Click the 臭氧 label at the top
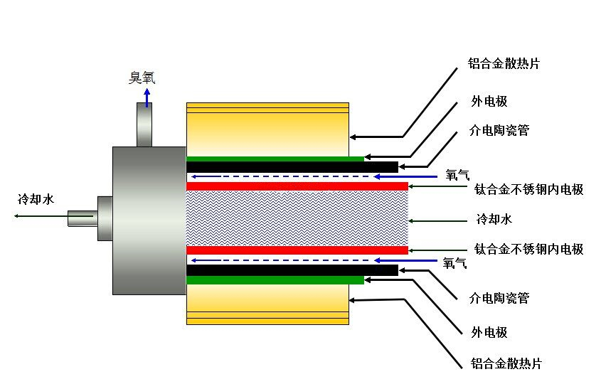(x=141, y=78)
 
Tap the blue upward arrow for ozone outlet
(x=147, y=97)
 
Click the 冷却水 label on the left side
(x=36, y=199)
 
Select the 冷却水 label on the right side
(x=494, y=218)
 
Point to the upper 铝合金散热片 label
(x=504, y=63)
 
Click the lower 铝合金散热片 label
(x=506, y=363)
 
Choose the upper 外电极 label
(x=489, y=101)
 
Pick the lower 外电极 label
(x=489, y=332)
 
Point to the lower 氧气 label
(x=454, y=262)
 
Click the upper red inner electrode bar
(x=297, y=186)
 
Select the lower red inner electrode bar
(x=297, y=250)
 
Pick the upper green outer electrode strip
(x=275, y=159)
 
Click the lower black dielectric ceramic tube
(x=292, y=270)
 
